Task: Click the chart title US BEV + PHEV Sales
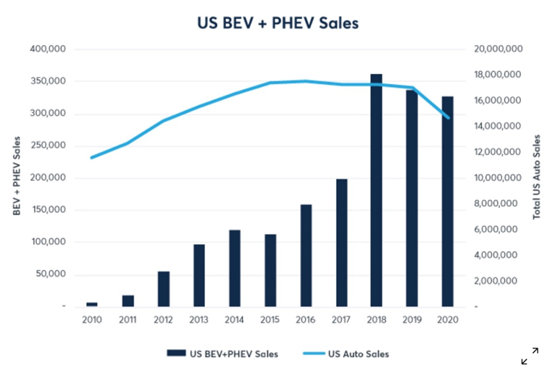[278, 23]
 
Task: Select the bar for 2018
[376, 190]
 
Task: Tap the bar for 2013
[199, 275]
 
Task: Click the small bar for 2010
[92, 304]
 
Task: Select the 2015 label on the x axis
[270, 319]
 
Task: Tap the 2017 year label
[341, 319]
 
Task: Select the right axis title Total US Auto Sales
[537, 177]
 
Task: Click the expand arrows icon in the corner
[530, 356]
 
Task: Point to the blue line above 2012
[163, 120]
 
